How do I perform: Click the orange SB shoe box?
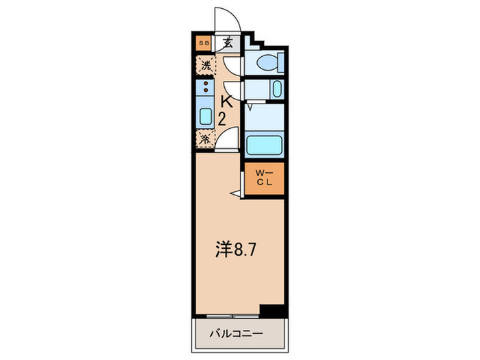click(203, 43)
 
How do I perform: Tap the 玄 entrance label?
click(227, 43)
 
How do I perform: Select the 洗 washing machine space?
click(205, 66)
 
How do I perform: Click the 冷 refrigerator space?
click(205, 139)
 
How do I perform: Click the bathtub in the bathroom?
click(264, 145)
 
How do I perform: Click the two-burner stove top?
click(205, 87)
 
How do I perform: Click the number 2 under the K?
click(222, 118)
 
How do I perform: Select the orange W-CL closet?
click(264, 178)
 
